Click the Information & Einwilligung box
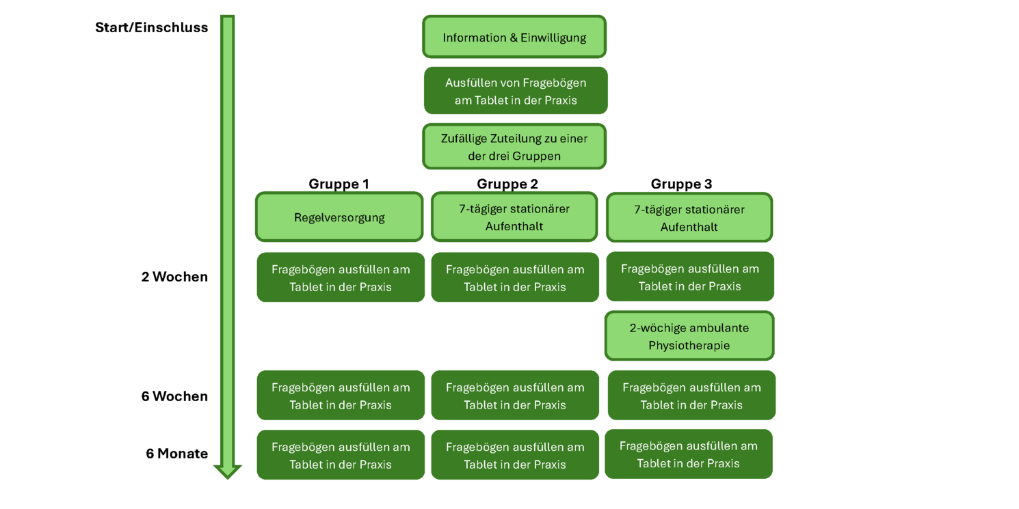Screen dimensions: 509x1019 pos(514,37)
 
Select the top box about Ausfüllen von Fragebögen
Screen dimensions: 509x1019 pos(516,91)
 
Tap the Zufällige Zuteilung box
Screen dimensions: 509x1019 pos(514,146)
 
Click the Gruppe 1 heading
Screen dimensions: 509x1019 pos(339,184)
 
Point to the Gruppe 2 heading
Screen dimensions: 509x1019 pos(507,184)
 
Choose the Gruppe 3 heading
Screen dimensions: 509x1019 pos(681,184)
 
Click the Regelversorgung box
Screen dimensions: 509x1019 pos(339,217)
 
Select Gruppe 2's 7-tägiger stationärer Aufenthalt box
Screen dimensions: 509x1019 pos(514,217)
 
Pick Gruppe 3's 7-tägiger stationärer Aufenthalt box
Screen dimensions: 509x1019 pos(689,218)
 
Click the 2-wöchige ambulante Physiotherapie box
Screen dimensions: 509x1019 pos(689,336)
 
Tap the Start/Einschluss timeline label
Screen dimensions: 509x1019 pos(151,28)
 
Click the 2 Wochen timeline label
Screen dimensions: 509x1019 pos(174,277)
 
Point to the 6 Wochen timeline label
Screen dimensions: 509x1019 pos(174,396)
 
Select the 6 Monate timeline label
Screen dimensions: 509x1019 pos(176,454)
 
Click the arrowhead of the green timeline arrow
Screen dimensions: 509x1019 pos(228,471)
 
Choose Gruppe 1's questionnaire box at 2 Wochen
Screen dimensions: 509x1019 pos(341,277)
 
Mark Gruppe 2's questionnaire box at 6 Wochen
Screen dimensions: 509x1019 pos(515,396)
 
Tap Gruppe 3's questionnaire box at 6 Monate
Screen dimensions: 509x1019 pos(689,454)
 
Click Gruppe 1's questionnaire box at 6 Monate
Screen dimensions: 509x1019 pos(341,455)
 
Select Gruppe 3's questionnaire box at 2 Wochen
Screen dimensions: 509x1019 pos(690,277)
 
